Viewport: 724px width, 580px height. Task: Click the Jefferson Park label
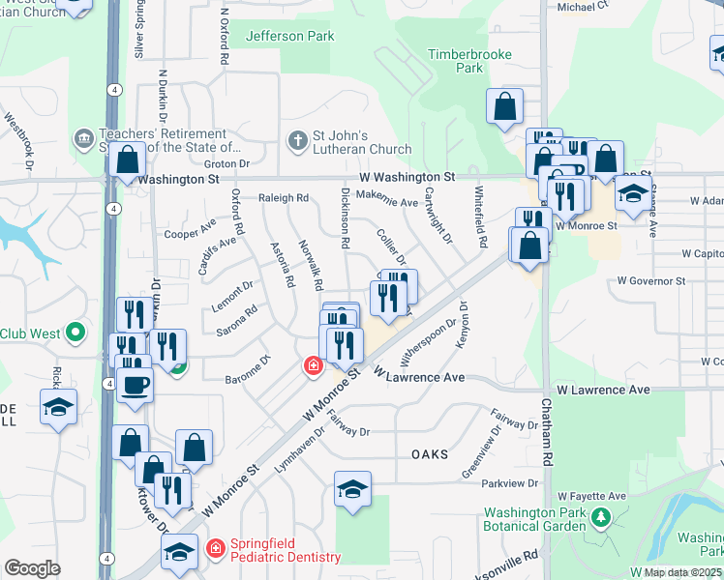click(x=290, y=36)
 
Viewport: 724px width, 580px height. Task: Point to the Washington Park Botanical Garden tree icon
click(x=600, y=519)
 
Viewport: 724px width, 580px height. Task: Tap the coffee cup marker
click(x=135, y=384)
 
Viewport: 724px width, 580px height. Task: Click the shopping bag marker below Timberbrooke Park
click(x=504, y=107)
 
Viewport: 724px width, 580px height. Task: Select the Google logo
click(x=32, y=568)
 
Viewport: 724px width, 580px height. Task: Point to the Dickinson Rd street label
click(x=345, y=217)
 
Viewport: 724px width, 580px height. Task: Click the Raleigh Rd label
click(x=283, y=198)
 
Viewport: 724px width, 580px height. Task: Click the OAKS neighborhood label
click(x=430, y=454)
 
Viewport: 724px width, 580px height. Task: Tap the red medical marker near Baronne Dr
click(x=313, y=365)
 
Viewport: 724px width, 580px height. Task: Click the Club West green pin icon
click(x=75, y=333)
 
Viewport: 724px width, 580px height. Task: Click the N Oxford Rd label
click(x=225, y=38)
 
